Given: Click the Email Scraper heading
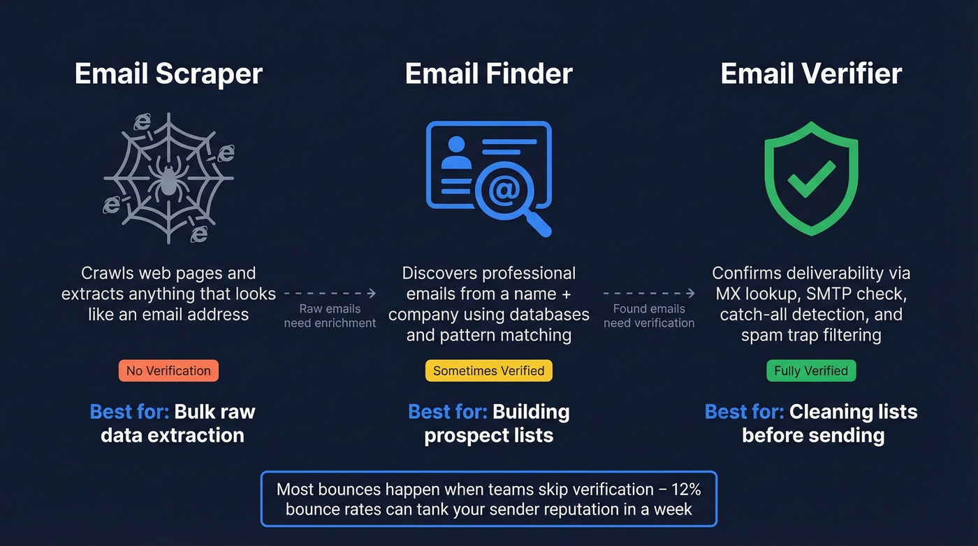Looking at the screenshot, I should (x=168, y=74).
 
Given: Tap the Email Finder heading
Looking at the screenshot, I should (x=489, y=74).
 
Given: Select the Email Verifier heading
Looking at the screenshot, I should (x=811, y=74).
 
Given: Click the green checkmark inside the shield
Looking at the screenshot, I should (x=811, y=178).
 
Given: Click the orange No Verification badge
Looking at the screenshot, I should (x=168, y=371).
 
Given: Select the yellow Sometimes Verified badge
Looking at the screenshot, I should (x=489, y=371).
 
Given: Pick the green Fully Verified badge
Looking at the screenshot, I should (x=811, y=371).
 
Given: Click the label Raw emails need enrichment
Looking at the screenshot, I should (x=330, y=316).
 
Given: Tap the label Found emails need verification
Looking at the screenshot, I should (x=649, y=316).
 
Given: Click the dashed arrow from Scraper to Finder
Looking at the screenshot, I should (x=330, y=294).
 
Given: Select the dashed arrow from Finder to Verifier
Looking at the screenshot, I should (x=649, y=294).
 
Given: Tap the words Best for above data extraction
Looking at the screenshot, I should (x=129, y=412).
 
